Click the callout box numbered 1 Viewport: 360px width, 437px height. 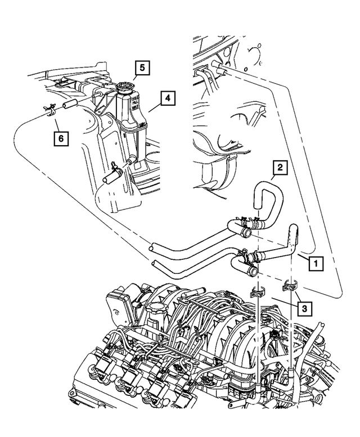317,262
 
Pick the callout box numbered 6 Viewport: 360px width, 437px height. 61,137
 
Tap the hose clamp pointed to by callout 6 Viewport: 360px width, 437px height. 48,109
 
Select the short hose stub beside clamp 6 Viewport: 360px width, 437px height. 70,103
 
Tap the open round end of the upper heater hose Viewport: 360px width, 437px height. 151,246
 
